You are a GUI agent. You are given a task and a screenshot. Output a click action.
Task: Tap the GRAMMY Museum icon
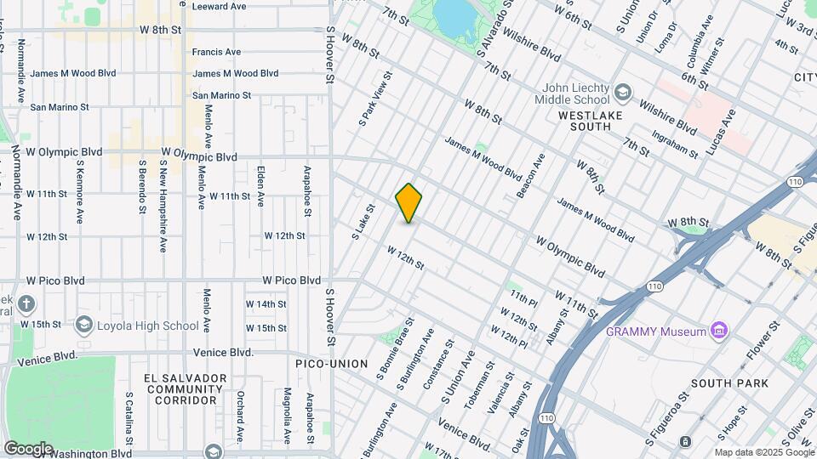click(x=719, y=331)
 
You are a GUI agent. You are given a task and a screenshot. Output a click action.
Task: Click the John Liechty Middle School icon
click(x=623, y=92)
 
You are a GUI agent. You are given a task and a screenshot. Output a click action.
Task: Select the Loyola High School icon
click(x=83, y=325)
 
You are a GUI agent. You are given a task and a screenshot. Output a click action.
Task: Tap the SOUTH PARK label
click(x=729, y=383)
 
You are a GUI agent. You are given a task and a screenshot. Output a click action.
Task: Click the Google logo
click(x=28, y=448)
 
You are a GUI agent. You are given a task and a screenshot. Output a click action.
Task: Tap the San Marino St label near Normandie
click(x=60, y=107)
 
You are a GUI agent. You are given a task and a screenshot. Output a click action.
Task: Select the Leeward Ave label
click(x=219, y=6)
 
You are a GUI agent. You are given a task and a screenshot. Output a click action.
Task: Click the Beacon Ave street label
click(x=532, y=176)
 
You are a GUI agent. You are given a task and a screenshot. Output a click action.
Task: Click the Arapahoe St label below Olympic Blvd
click(x=309, y=191)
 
